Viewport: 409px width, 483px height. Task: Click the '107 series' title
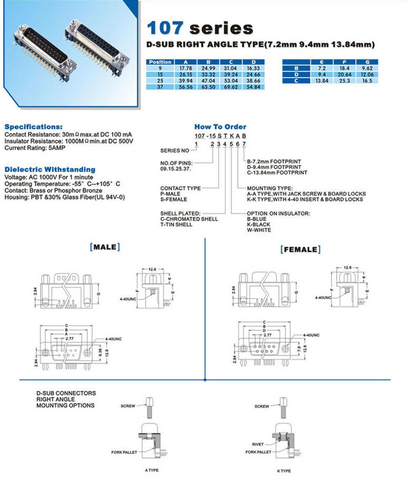pyautogui.click(x=200, y=29)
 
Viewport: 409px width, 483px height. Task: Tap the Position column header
pyautogui.click(x=160, y=62)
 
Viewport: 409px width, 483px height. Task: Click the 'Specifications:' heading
pyautogui.click(x=33, y=127)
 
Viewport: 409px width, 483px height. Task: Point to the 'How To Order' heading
pyautogui.click(x=219, y=127)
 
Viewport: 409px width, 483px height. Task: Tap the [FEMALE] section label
pyautogui.click(x=300, y=250)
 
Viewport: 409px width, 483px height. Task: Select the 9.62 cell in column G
pyautogui.click(x=387, y=69)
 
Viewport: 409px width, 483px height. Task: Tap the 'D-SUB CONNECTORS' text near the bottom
pyautogui.click(x=66, y=394)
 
